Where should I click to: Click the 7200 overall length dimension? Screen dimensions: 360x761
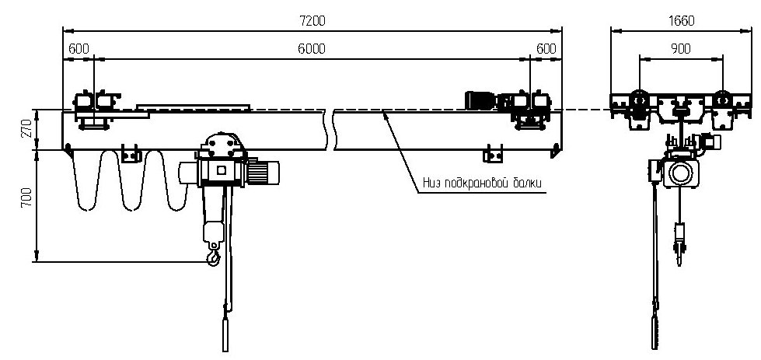pyautogui.click(x=312, y=22)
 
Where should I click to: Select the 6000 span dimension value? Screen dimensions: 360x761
pyautogui.click(x=312, y=48)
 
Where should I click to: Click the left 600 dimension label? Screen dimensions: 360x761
pyautogui.click(x=78, y=48)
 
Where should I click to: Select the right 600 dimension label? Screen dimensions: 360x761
pyautogui.click(x=546, y=48)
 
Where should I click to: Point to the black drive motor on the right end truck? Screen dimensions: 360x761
pyautogui.click(x=478, y=100)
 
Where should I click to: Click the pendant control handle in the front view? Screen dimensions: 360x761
pyautogui.click(x=227, y=330)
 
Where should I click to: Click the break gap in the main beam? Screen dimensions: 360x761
pyautogui.click(x=330, y=130)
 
